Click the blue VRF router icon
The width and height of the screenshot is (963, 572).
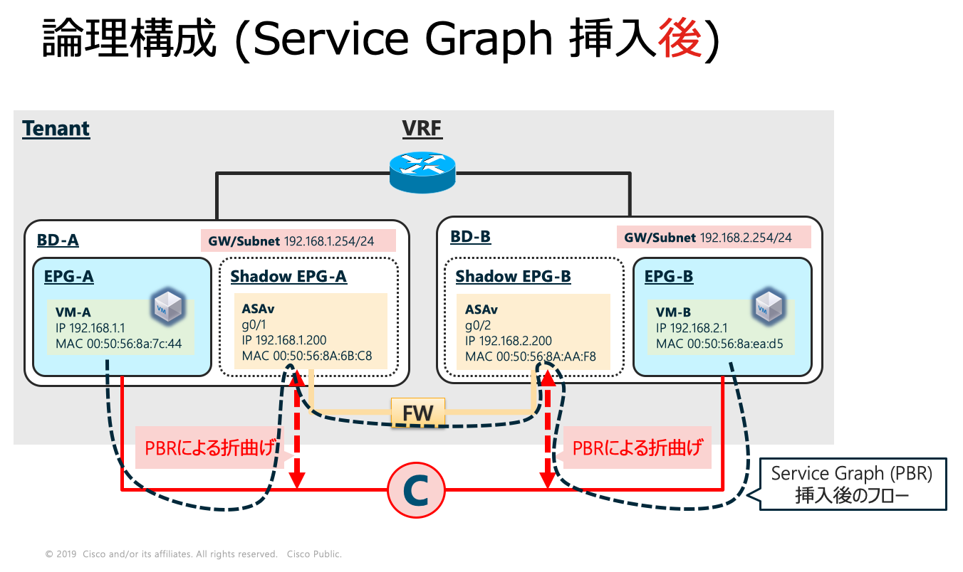click(x=422, y=174)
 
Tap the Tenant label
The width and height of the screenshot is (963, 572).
click(x=56, y=129)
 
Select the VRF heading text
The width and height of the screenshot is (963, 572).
click(x=423, y=129)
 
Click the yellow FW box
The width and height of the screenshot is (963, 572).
click(x=417, y=412)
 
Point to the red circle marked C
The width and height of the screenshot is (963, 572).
click(x=416, y=490)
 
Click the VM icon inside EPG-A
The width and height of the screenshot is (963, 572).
click(x=167, y=307)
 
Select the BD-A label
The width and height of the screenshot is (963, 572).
click(x=58, y=240)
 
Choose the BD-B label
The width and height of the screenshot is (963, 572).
click(x=470, y=236)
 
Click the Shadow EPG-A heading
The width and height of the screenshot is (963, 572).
click(x=288, y=276)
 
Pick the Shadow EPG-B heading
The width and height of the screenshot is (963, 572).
click(x=513, y=276)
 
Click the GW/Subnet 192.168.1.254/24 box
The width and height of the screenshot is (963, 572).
click(x=298, y=240)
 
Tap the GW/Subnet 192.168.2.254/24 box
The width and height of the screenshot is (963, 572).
click(x=714, y=237)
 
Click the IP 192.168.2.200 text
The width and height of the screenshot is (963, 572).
click(x=509, y=341)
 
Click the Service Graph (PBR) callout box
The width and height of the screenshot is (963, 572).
click(x=852, y=484)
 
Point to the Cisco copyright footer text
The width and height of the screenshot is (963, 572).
click(x=194, y=554)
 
